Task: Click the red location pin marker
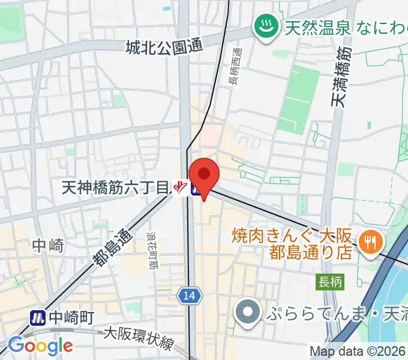204,176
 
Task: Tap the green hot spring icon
263,26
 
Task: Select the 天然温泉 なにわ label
345,27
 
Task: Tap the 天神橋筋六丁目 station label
116,188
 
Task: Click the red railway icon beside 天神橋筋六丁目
179,188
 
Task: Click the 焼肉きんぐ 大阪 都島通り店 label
293,242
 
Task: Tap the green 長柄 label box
329,281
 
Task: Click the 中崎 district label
48,245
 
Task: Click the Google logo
40,346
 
